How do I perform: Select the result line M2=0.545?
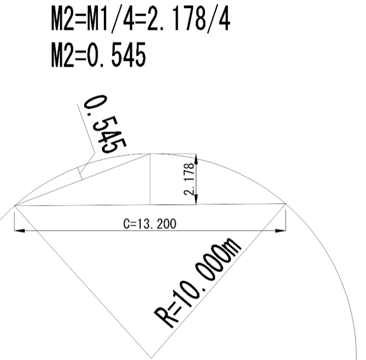click(98, 55)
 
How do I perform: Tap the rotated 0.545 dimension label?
click(105, 124)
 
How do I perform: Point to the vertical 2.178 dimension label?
click(189, 179)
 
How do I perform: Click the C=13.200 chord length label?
click(150, 224)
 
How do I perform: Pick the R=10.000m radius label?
click(197, 283)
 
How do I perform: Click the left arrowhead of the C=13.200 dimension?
click(20, 230)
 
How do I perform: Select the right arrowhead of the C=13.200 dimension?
click(280, 230)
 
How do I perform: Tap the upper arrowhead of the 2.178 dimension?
click(196, 159)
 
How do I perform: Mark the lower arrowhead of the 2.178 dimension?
click(196, 200)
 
